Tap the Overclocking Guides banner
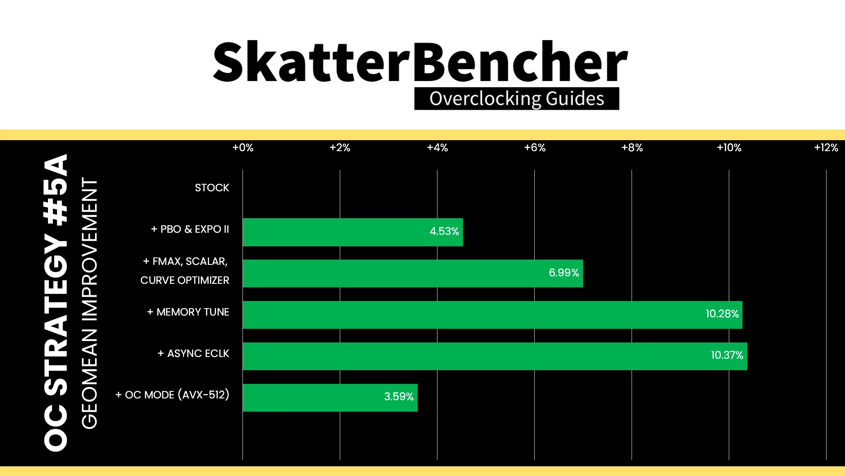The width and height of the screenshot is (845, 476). coord(517,99)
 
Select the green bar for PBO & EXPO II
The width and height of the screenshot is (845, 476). coord(353,232)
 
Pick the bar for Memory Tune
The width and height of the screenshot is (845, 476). coord(492,315)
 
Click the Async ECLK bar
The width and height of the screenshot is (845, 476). coord(495,356)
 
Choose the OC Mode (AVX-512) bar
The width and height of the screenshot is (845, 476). coord(330,398)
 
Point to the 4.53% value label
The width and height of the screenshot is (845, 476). coord(444,231)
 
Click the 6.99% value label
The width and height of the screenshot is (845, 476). coord(564,273)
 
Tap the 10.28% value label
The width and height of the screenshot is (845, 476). coord(722,314)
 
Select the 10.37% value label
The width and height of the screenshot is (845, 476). coord(727,355)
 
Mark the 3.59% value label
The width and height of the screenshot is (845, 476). coord(399,397)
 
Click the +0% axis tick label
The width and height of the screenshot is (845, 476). coord(243,148)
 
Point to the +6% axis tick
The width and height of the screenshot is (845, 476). coord(535,148)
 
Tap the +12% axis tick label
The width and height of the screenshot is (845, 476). coord(826,148)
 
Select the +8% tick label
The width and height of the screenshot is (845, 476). coord(632,148)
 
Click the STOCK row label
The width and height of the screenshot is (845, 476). coord(212,188)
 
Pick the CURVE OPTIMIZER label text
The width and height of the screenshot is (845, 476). coord(185,280)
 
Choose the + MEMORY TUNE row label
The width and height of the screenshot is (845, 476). coord(188,312)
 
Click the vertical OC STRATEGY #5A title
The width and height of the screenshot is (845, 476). coord(56,303)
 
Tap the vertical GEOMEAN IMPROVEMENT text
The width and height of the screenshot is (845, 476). coord(89,303)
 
